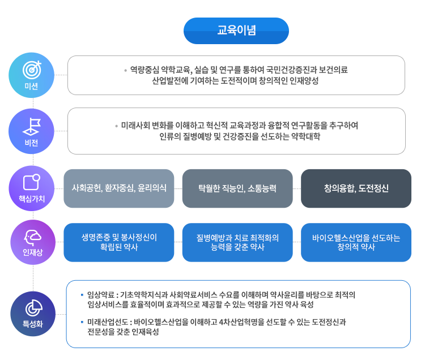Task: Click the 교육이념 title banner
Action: [236, 31]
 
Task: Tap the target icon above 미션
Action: [31, 68]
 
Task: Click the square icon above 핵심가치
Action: [31, 182]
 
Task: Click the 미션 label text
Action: [31, 86]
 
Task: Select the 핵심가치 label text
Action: [31, 199]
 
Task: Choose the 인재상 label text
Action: [31, 252]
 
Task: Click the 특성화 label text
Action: [31, 324]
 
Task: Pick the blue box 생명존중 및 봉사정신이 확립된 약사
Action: [119, 242]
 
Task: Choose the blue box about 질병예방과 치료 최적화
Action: [238, 242]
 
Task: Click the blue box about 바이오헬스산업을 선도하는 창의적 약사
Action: [356, 242]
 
